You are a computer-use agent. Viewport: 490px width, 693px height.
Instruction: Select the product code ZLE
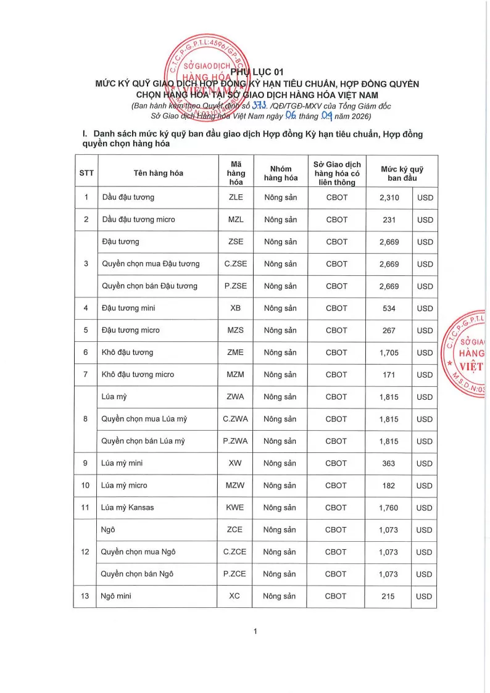point(235,197)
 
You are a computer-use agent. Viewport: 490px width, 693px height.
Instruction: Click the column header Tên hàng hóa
point(158,173)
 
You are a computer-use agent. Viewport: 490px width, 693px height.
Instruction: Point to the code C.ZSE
point(235,264)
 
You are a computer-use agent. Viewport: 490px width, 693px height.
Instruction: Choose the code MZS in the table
point(235,330)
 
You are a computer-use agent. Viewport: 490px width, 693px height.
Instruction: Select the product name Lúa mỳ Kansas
point(128,508)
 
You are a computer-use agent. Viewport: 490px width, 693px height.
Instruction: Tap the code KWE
point(235,508)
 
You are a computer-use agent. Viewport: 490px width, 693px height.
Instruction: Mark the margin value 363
point(389,463)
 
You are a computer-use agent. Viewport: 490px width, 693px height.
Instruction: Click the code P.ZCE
point(235,574)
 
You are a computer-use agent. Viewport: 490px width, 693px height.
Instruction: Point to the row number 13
point(86,596)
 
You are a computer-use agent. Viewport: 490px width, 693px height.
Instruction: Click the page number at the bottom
point(255,631)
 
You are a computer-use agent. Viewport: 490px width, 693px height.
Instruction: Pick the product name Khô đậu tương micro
point(138,375)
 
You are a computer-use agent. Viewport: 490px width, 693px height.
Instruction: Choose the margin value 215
point(389,596)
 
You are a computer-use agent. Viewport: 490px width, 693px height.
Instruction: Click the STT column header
point(86,173)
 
